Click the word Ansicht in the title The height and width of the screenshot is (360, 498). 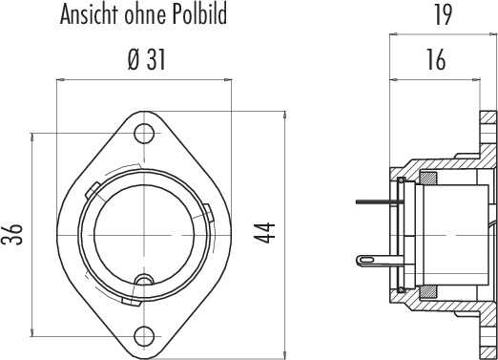pos(89,14)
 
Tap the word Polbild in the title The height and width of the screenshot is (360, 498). pos(199,14)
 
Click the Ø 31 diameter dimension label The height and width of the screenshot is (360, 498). pos(147,60)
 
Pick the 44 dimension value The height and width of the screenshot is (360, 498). pos(264,233)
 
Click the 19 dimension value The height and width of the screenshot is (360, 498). pos(443,15)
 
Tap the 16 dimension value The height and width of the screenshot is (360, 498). pos(436,59)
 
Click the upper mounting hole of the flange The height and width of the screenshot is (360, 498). pos(144,133)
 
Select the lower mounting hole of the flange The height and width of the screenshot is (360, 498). pos(144,336)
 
